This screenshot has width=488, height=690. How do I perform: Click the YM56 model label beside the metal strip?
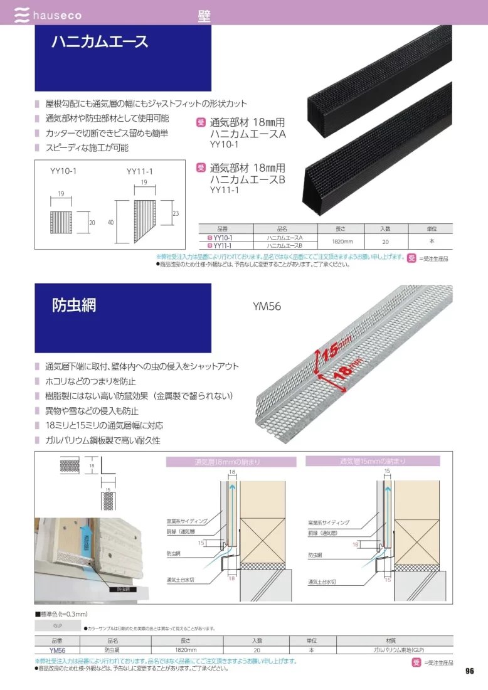point(267,307)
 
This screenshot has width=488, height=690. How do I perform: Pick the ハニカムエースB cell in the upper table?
point(285,246)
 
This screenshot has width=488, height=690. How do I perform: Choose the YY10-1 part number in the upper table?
point(223,238)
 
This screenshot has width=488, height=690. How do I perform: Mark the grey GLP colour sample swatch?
point(57,625)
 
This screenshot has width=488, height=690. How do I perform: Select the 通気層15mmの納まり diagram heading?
point(373,461)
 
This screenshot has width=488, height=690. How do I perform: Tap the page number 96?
point(469,671)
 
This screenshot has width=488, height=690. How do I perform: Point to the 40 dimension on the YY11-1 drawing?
point(110,222)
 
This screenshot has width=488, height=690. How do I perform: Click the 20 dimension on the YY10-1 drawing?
point(91,223)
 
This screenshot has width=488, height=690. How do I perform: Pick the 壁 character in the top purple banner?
point(204,16)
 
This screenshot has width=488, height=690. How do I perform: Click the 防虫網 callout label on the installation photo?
point(122,589)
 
